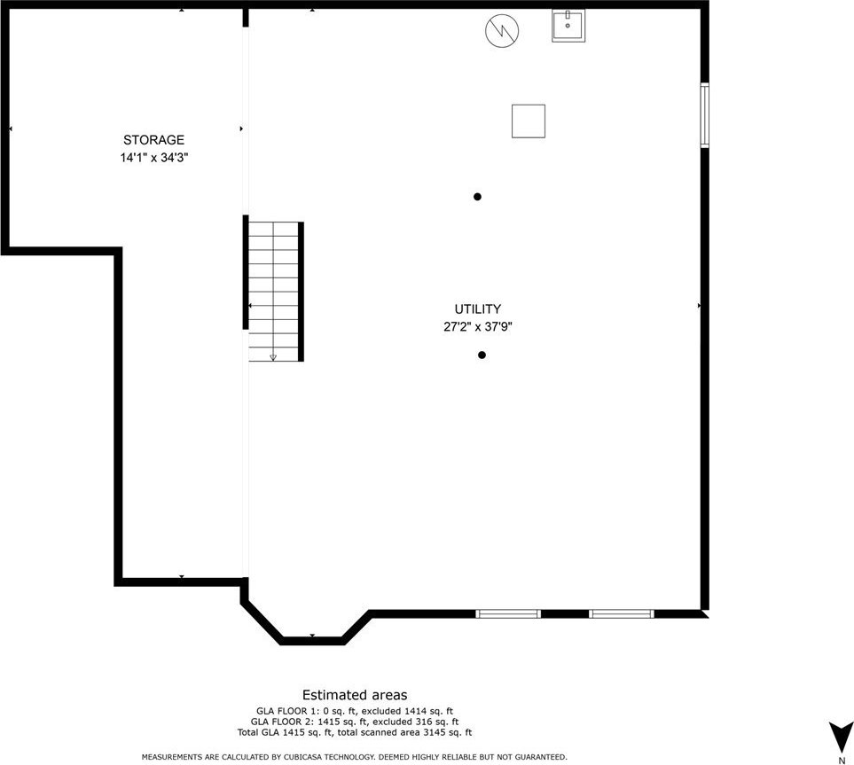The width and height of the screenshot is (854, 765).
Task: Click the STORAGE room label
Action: [153, 140]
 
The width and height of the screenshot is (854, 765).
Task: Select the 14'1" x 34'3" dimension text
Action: [154, 158]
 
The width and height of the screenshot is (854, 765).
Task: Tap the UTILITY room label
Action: [478, 309]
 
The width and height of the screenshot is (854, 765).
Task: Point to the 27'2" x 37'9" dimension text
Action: [478, 327]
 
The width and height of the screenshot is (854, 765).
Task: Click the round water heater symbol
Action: [502, 30]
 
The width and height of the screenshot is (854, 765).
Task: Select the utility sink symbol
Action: [568, 26]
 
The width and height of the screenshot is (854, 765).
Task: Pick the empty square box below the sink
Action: [529, 121]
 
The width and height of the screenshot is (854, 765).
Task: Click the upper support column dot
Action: [477, 197]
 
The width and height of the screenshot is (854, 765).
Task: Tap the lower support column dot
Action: [482, 355]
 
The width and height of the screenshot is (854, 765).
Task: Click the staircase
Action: [273, 292]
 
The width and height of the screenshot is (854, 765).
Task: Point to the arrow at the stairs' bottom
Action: [273, 357]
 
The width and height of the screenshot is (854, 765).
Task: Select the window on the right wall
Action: [705, 115]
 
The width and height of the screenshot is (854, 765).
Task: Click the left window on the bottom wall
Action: [508, 613]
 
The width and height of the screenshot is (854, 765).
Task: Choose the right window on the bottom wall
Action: [622, 613]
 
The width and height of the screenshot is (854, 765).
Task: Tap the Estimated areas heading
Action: [355, 695]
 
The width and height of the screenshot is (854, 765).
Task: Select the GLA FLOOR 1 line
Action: [355, 711]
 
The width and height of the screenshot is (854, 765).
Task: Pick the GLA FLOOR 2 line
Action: [355, 722]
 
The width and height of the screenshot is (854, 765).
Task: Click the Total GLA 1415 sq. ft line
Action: [355, 733]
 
